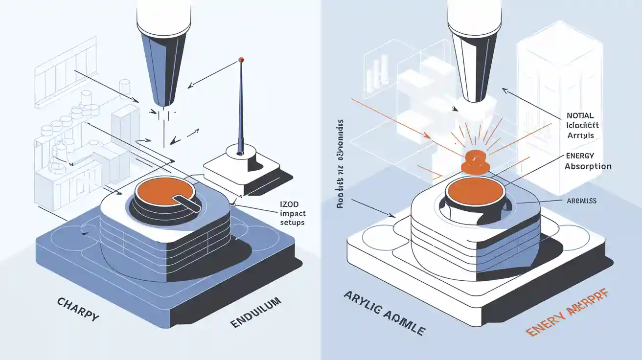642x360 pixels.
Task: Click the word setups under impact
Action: coord(292,222)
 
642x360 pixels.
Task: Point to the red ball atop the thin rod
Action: coord(241,60)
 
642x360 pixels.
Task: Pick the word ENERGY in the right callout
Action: coord(579,156)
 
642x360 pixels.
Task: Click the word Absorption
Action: coord(588,166)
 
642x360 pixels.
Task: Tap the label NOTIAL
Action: coord(580,116)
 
